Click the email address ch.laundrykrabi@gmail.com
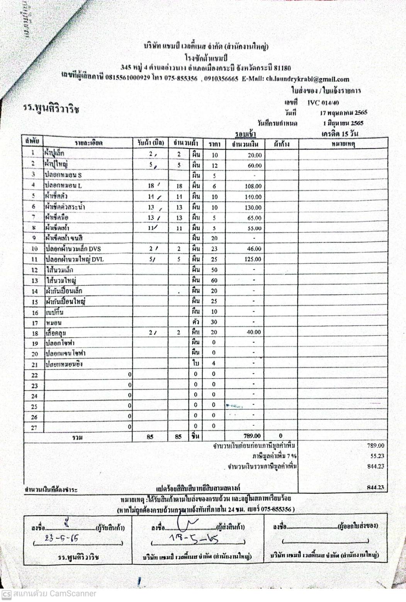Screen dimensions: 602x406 (x=307, y=79)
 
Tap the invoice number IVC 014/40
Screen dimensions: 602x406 (x=323, y=103)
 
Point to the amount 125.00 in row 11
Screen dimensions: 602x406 (x=253, y=259)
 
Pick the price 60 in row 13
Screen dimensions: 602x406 (x=214, y=280)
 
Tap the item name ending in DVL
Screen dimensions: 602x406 (x=75, y=259)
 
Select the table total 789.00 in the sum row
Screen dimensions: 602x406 (x=252, y=436)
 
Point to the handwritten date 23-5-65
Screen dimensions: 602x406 (x=57, y=538)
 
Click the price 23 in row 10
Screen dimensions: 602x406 (x=214, y=249)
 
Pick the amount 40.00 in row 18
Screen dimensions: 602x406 (x=254, y=332)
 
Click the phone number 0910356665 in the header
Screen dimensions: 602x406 (x=222, y=79)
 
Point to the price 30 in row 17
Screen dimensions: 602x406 (x=214, y=322)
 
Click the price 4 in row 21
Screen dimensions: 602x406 (x=214, y=363)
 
